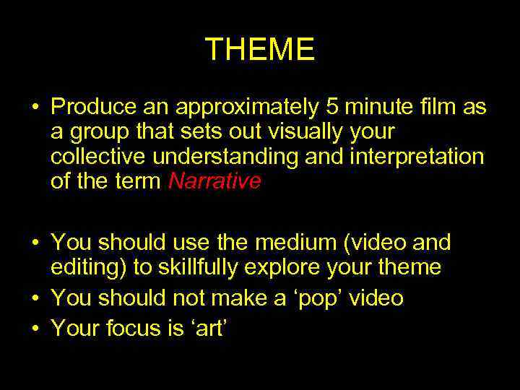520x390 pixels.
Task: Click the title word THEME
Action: click(x=260, y=50)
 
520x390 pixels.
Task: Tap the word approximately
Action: click(x=247, y=108)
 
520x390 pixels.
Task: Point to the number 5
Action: click(x=333, y=108)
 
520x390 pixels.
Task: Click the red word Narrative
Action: click(x=214, y=182)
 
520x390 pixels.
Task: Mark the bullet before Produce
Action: click(x=35, y=108)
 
